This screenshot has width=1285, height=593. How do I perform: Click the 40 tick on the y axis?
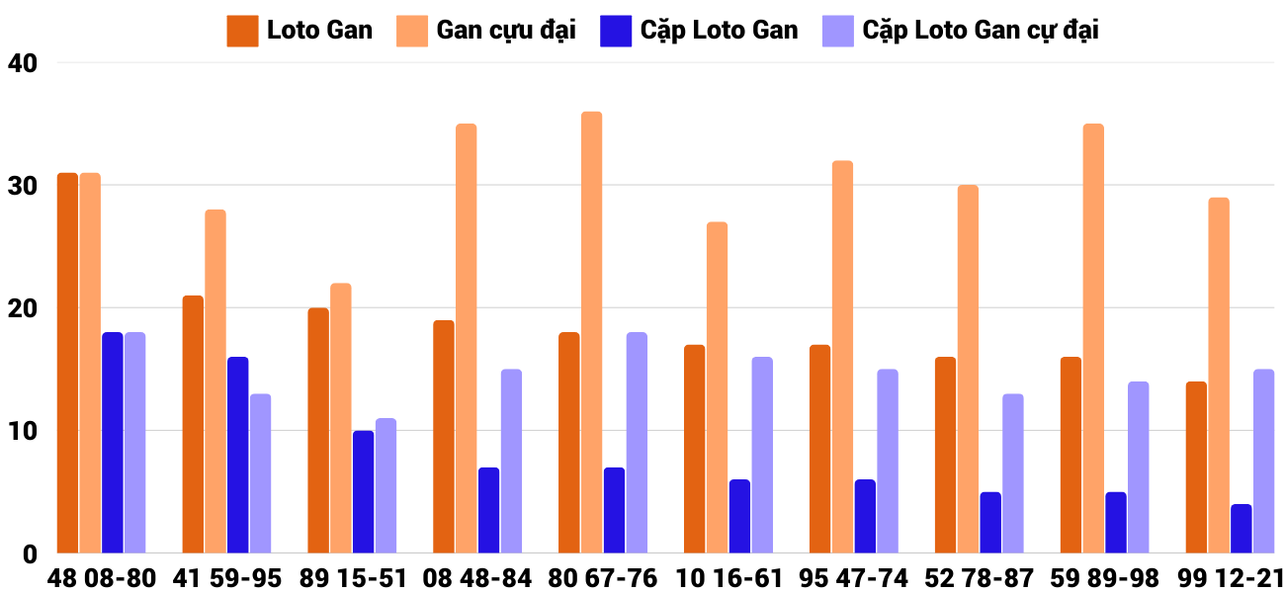click(x=22, y=63)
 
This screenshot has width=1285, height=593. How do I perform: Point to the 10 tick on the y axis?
click(x=22, y=432)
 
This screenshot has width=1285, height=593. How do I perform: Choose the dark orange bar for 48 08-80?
click(x=67, y=363)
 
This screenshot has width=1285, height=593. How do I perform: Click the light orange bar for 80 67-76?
click(x=591, y=332)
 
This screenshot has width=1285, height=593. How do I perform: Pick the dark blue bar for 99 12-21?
click(x=1241, y=529)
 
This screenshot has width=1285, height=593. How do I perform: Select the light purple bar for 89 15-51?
click(x=385, y=485)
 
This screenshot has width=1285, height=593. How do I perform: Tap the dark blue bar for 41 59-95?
click(x=238, y=455)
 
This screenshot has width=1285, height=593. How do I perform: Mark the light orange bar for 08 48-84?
click(x=466, y=338)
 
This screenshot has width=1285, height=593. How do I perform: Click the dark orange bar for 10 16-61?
click(x=694, y=449)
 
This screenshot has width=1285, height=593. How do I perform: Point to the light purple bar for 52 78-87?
click(x=1012, y=473)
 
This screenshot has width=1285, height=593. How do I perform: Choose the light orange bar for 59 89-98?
click(x=1092, y=338)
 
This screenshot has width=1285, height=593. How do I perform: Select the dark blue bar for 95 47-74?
click(x=865, y=516)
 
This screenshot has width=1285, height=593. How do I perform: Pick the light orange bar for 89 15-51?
click(x=341, y=418)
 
